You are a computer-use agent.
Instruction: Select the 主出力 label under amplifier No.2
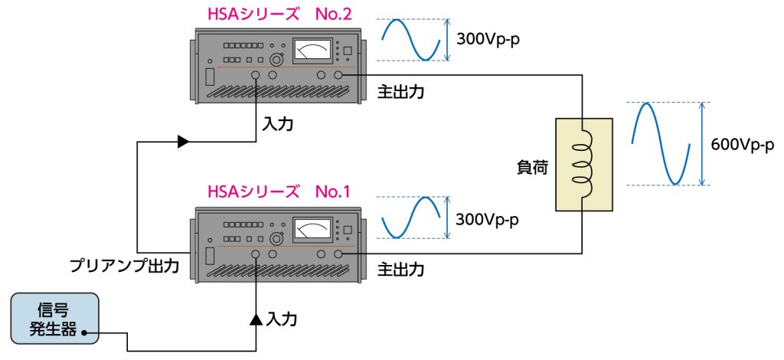point(400,91)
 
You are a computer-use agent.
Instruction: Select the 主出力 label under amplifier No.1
point(400,270)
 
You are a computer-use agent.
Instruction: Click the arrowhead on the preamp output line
point(182,141)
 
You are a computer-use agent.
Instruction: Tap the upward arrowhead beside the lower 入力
point(256,317)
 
